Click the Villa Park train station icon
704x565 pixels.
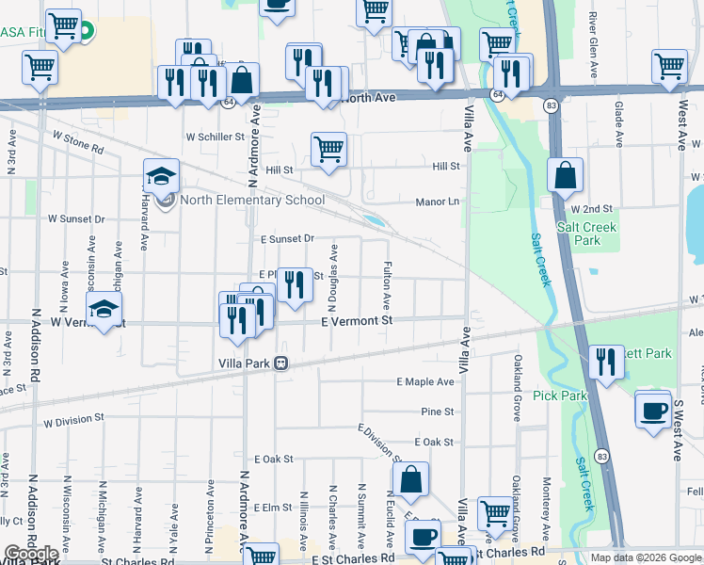280,364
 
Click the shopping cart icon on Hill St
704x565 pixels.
328,148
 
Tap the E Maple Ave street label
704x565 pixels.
425,381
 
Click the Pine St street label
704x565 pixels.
438,412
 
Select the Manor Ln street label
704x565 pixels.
438,202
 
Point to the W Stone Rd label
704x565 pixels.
77,140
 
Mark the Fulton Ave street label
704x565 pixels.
387,287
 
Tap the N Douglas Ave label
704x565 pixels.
333,268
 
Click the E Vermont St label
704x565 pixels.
356,322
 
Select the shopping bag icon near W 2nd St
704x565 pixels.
565,175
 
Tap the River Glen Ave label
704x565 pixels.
593,40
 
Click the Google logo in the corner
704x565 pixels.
30,554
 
